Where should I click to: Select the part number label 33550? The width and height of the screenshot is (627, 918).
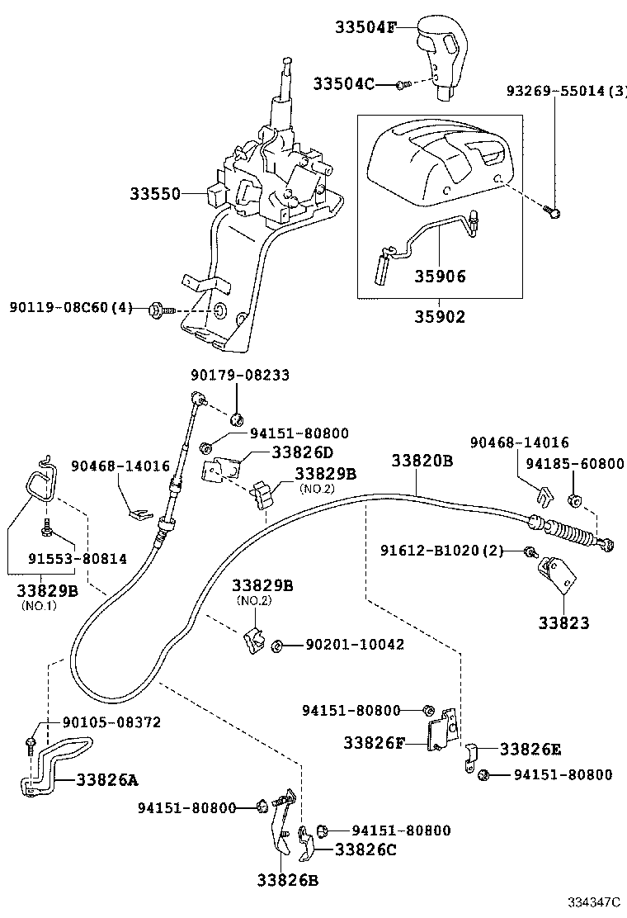coord(154,194)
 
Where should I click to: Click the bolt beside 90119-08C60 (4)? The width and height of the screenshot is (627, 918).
coord(156,310)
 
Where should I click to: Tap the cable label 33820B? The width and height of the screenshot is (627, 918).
coord(422,461)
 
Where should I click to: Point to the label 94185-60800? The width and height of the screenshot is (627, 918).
coord(582,464)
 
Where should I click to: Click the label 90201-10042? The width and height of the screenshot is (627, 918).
coord(355,644)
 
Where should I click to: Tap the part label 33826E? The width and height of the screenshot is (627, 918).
coord(530,749)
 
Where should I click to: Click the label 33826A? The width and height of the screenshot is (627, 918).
coord(108,779)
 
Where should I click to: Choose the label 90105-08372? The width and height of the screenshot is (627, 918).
coord(107,722)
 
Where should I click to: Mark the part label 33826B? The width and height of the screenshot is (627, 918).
coord(288,880)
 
